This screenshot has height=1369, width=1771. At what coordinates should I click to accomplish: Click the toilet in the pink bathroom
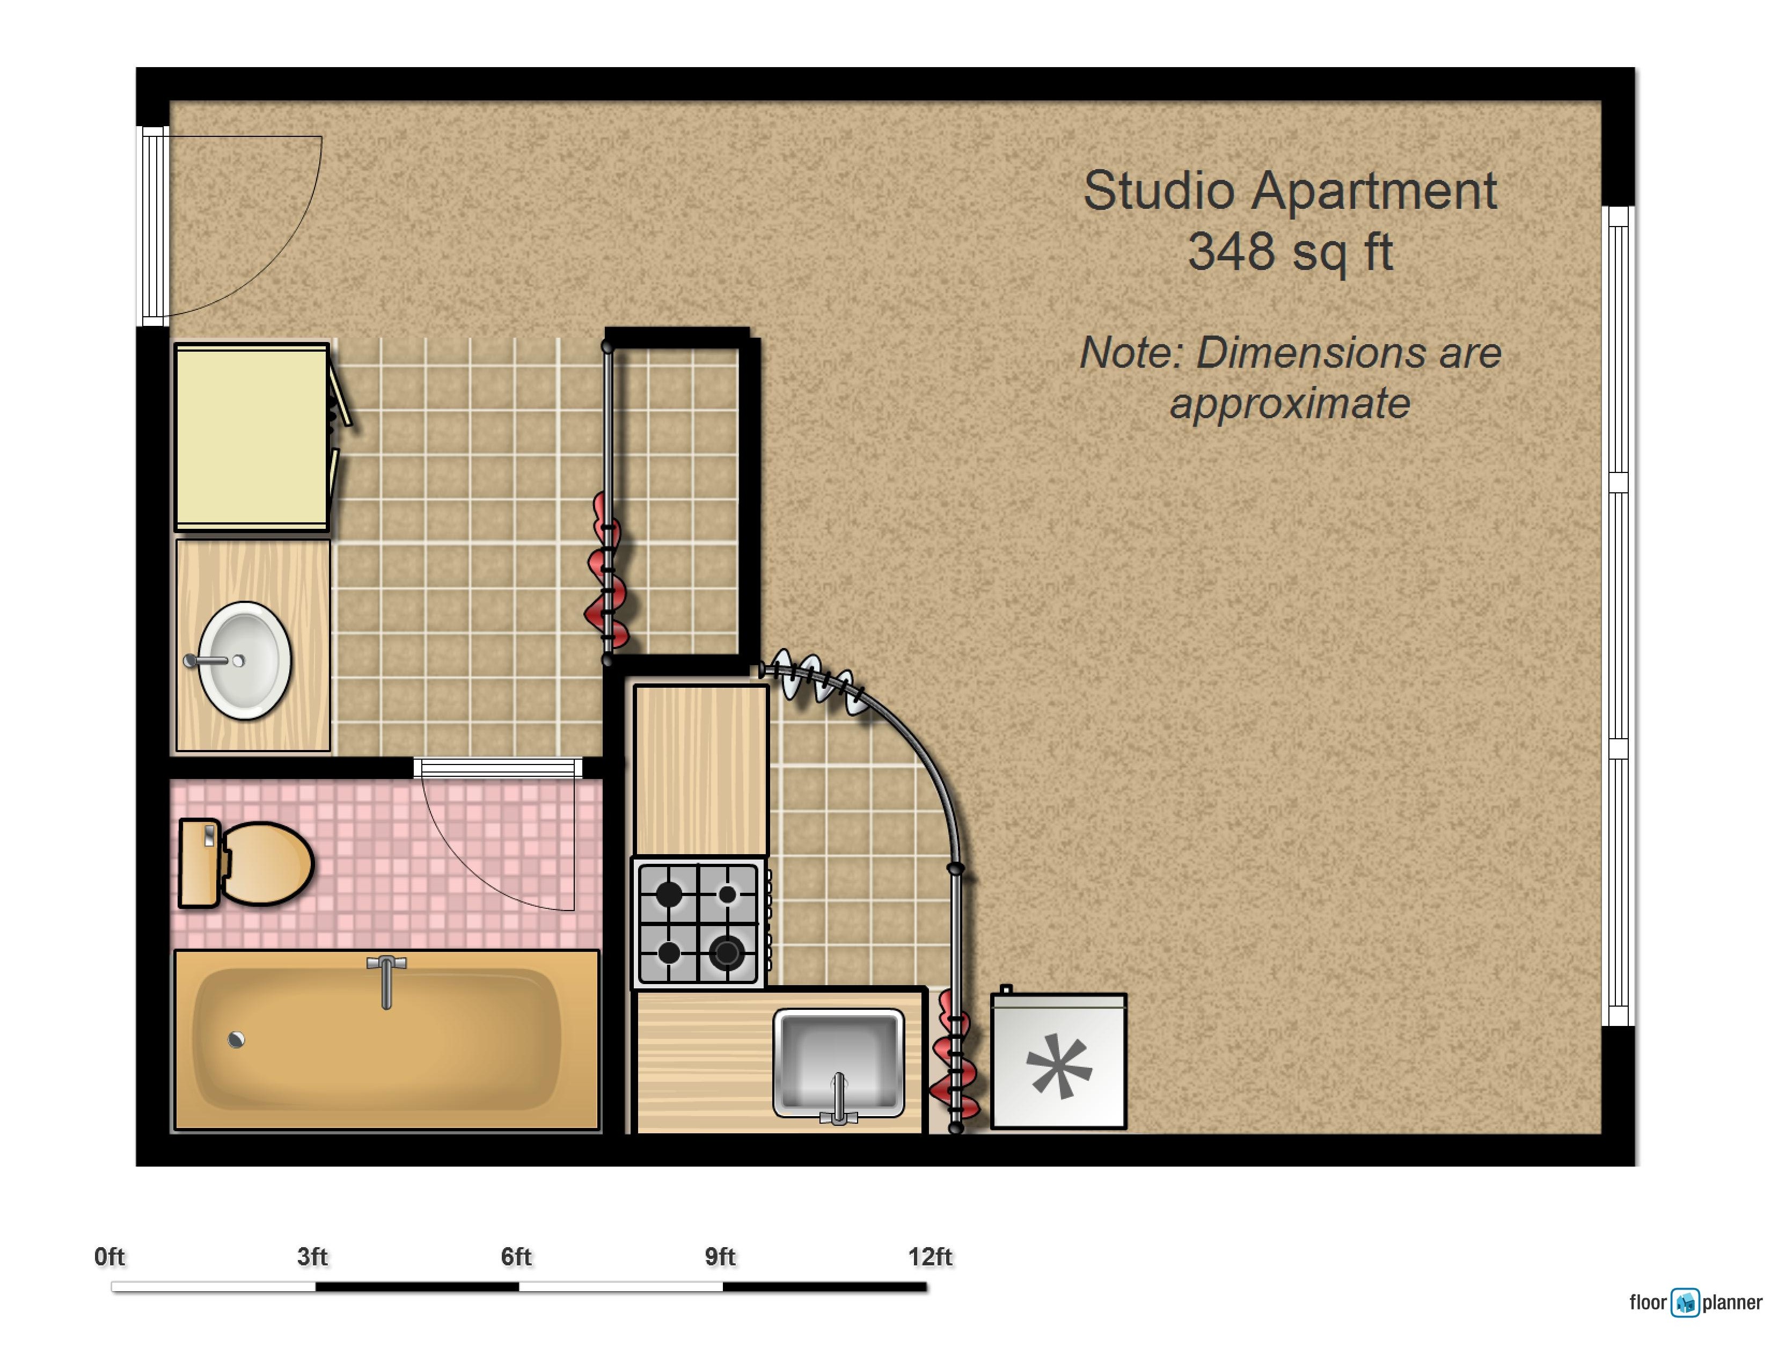click(x=264, y=863)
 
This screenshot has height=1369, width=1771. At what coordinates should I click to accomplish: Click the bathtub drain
click(x=236, y=1040)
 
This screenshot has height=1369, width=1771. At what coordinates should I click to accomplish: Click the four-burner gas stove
click(x=698, y=923)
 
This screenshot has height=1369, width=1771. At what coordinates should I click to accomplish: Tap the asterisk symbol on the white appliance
click(x=1058, y=1065)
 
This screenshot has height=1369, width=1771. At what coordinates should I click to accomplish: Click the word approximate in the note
click(x=1289, y=403)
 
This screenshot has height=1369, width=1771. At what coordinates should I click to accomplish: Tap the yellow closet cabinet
click(x=251, y=436)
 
